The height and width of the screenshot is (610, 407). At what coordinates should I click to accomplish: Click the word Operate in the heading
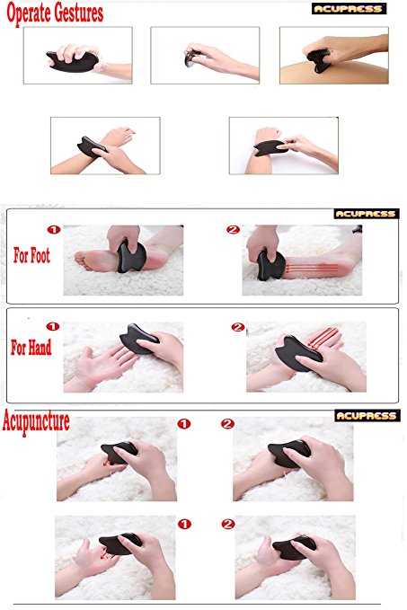click(29, 13)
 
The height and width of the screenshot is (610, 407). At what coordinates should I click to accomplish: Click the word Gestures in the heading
click(79, 13)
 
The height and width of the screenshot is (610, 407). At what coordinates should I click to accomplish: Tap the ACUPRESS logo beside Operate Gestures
click(349, 9)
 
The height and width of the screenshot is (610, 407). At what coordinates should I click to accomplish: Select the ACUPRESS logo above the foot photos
click(367, 214)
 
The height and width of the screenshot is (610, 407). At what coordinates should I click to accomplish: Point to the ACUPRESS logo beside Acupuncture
click(367, 415)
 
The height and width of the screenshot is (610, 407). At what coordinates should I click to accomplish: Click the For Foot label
click(31, 256)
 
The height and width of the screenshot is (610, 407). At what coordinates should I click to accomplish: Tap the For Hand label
click(31, 348)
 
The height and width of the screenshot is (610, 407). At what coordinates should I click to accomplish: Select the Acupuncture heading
click(36, 421)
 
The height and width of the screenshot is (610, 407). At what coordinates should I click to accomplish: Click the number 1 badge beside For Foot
click(54, 229)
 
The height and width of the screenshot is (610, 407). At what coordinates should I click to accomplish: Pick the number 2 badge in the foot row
click(233, 229)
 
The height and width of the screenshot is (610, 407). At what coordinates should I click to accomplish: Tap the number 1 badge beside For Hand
click(52, 326)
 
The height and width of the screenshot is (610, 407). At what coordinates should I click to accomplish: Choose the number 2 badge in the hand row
click(237, 327)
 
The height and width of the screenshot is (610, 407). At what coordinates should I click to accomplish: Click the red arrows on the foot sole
click(311, 268)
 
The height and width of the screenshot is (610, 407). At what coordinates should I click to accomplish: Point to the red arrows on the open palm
click(323, 338)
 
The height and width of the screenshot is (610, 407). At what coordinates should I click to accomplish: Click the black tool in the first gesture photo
click(73, 61)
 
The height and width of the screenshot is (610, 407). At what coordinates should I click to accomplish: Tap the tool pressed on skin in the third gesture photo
click(319, 61)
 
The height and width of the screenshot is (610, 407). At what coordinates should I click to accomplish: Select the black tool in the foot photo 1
click(131, 256)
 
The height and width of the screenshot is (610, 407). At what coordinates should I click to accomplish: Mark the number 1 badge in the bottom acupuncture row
click(184, 524)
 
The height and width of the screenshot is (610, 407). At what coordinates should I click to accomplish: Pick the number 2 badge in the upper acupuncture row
click(227, 424)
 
